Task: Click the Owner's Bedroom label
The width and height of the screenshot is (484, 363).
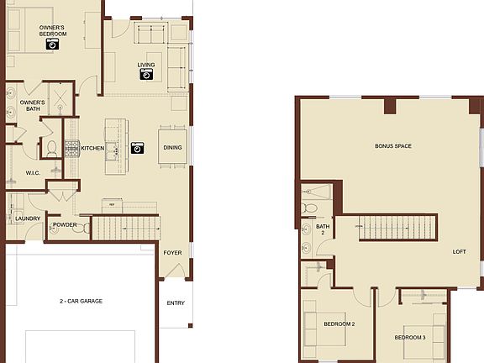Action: click(52, 31)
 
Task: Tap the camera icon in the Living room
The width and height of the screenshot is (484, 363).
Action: click(147, 74)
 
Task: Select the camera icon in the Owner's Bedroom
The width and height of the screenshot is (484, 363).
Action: click(52, 45)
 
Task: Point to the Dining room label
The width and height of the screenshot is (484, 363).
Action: click(172, 148)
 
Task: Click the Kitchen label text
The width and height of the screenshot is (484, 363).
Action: click(93, 148)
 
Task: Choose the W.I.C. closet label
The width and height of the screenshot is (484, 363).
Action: click(34, 173)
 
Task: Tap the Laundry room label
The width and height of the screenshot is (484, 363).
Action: click(28, 219)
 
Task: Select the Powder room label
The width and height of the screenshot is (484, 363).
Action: click(65, 225)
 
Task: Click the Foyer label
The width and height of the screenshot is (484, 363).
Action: click(171, 251)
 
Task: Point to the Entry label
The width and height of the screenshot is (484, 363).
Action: click(176, 303)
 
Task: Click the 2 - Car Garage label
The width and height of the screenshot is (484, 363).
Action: click(81, 300)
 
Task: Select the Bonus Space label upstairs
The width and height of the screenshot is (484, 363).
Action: click(392, 146)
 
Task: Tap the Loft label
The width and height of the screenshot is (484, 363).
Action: click(459, 251)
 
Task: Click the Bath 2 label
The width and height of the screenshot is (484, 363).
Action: click(324, 230)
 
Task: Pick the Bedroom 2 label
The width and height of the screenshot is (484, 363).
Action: click(340, 324)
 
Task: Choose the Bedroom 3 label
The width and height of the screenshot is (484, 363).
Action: click(410, 337)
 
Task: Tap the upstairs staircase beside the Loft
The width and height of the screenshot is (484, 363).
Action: click(399, 228)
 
